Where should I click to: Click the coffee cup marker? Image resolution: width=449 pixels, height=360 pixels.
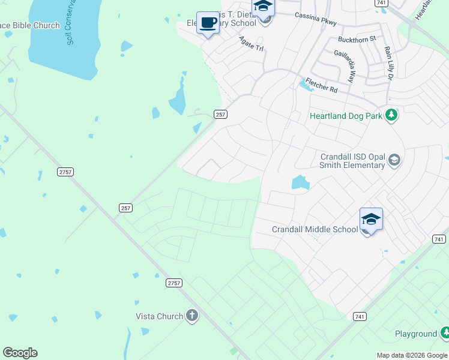coord(208,23)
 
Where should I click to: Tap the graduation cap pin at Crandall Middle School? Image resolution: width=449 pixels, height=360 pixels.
coord(371,220)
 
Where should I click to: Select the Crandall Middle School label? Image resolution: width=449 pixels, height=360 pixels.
coord(315,229)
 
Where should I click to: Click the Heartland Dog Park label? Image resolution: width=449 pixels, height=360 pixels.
coord(346,115)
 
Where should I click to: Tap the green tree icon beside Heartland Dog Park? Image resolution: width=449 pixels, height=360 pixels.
coord(391,115)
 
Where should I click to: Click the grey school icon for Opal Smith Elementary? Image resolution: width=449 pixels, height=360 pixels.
coord(394,160)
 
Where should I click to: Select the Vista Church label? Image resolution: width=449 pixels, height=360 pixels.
coord(159,316)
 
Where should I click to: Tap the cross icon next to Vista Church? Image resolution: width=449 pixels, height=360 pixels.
coord(191,316)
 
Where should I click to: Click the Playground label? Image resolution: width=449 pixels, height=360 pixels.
coord(416,334)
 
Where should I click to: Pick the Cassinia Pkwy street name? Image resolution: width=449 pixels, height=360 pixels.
coord(315,19)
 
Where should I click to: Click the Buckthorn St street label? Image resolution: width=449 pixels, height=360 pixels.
coord(356,38)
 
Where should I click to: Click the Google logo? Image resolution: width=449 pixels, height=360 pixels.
coord(20,353)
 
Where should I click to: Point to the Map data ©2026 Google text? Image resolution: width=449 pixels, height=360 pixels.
coord(412,355)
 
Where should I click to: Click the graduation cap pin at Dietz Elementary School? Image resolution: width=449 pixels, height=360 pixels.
coord(263,8)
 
